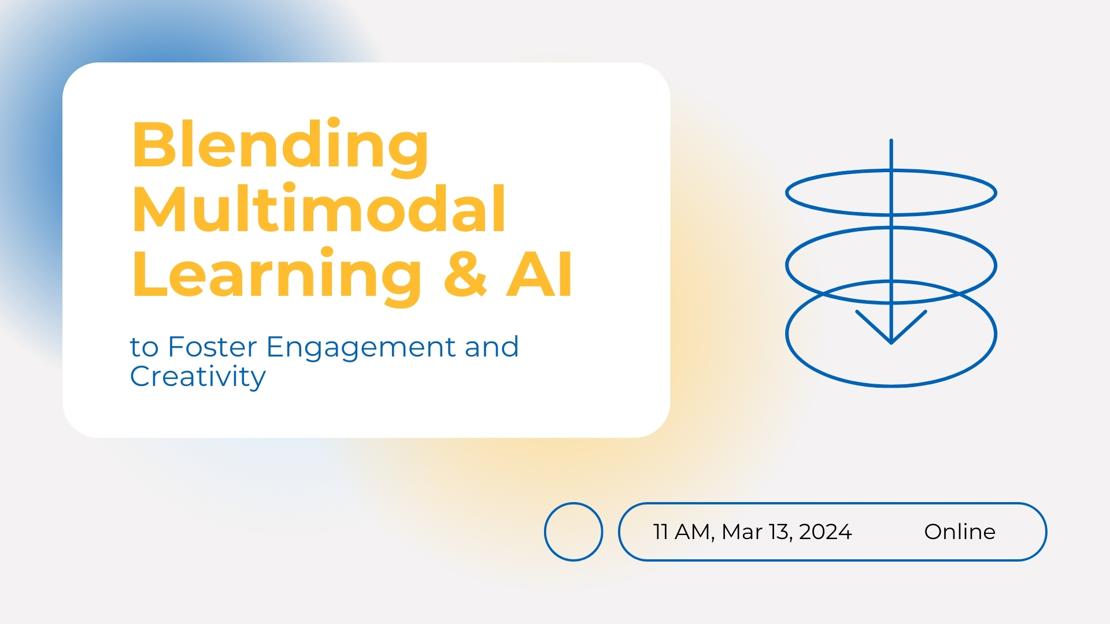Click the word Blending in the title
(280, 147)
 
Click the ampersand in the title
(465, 274)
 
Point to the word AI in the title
(539, 274)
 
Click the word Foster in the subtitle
(212, 347)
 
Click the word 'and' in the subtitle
(491, 347)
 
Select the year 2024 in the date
(825, 532)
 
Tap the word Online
(960, 532)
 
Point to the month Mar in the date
(742, 532)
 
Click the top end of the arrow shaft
(891, 140)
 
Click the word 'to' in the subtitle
(144, 348)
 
